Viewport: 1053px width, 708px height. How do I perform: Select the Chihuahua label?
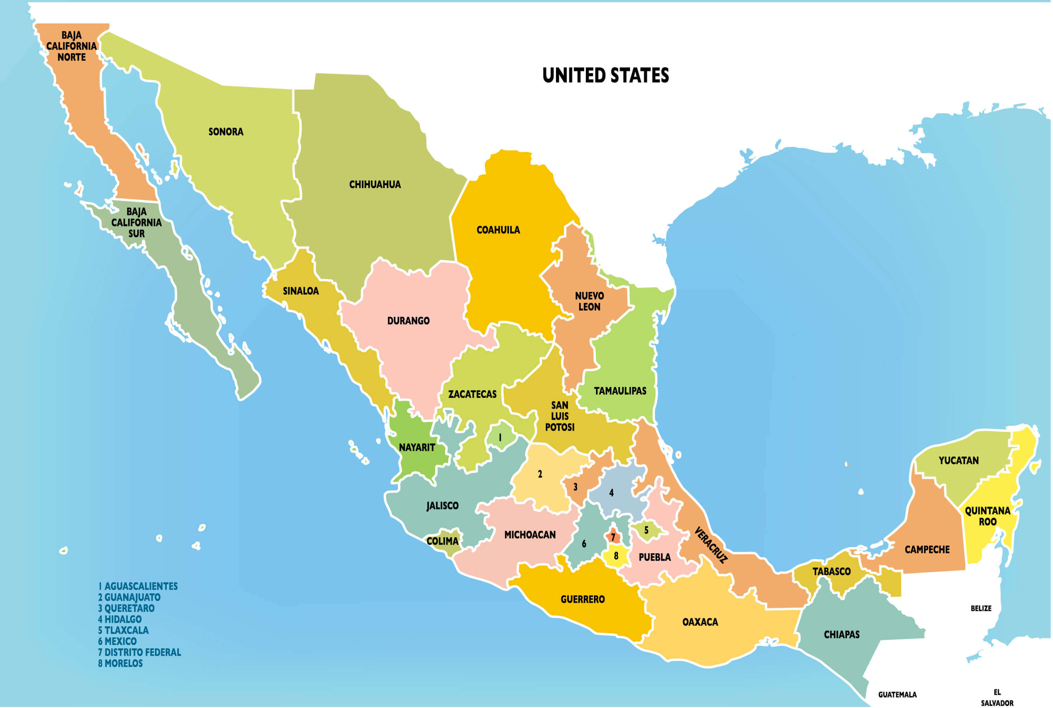point(375,184)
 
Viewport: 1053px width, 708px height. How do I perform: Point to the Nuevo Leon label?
point(589,301)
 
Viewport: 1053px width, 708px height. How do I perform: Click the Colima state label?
point(442,541)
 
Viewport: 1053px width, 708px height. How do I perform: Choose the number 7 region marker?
point(613,537)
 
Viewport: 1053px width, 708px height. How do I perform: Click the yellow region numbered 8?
point(616,556)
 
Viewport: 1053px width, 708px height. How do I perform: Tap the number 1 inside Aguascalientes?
point(500,437)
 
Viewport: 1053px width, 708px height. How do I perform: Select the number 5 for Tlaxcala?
point(646,530)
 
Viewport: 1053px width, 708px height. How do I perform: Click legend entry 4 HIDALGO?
point(120,619)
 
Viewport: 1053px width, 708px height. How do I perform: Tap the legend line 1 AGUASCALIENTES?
point(138,586)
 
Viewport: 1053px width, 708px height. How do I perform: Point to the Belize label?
point(981,608)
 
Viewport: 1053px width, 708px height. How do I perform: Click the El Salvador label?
point(997,697)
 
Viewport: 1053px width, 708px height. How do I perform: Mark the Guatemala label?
point(897,694)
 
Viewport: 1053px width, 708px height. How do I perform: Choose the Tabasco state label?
point(831,572)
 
